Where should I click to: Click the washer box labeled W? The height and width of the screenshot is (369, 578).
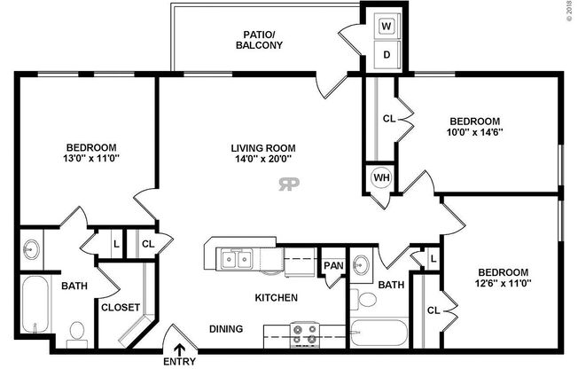(387, 26)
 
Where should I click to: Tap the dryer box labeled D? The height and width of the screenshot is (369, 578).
(387, 54)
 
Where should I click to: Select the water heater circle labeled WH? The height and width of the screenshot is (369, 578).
(380, 177)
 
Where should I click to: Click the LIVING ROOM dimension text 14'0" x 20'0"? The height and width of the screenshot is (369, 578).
(263, 160)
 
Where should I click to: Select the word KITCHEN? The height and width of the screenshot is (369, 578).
(277, 298)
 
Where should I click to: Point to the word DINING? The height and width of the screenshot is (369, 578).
(226, 329)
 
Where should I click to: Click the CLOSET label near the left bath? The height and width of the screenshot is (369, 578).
(120, 307)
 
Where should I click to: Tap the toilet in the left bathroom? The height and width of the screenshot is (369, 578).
(76, 331)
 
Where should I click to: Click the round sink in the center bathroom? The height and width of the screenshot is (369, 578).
(362, 264)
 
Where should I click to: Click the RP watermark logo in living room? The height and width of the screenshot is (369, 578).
(289, 184)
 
